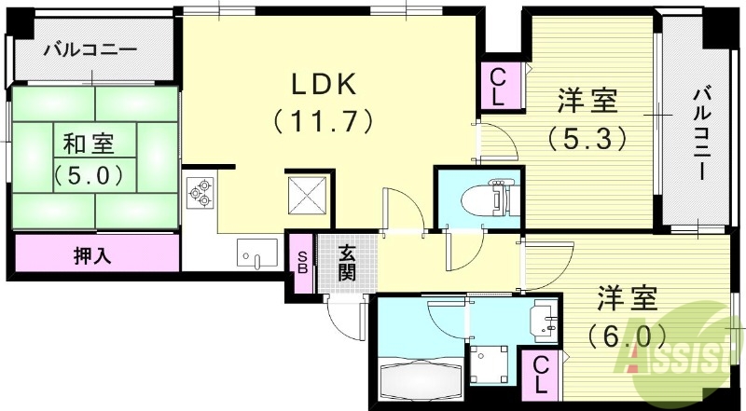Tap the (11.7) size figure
tap(324, 121)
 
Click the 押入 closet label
tap(92, 254)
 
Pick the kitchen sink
tap(256, 253)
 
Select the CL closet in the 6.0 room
tap(541, 374)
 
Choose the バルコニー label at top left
tap(90, 49)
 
